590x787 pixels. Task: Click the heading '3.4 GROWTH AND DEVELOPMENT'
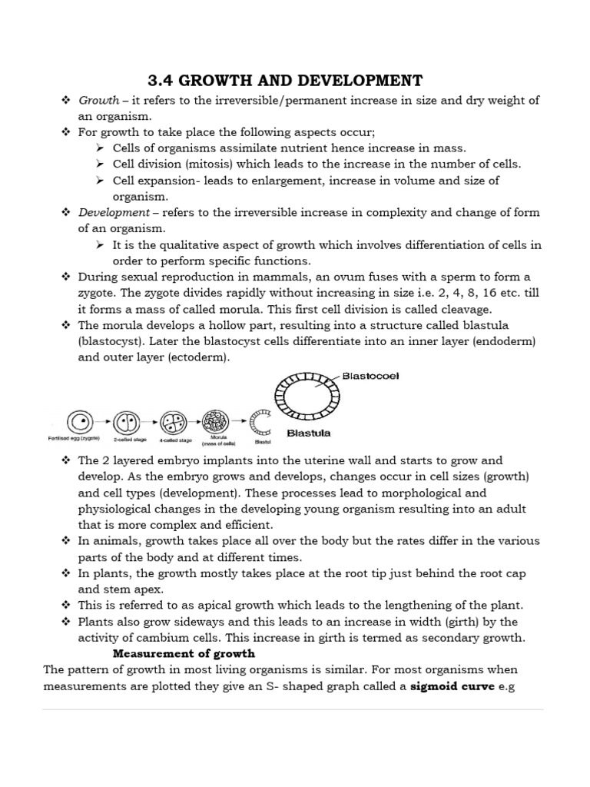tap(284, 81)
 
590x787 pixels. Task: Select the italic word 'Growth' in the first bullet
tap(98, 101)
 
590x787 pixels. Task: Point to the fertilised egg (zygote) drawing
tap(78, 421)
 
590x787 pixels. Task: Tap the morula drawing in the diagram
tap(215, 421)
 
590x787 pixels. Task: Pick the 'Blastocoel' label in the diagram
tap(370, 376)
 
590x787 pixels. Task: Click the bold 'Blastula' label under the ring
tap(308, 433)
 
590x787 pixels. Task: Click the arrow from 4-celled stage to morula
tap(194, 421)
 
